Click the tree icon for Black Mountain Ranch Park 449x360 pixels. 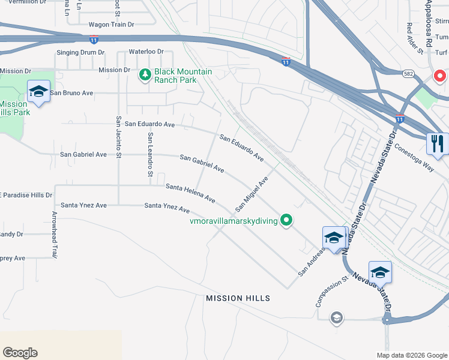[144, 75]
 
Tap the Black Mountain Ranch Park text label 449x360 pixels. [183, 76]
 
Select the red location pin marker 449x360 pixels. [439, 77]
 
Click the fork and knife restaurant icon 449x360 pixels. [437, 144]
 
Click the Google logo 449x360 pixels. [20, 353]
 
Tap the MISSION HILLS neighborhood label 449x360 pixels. [238, 298]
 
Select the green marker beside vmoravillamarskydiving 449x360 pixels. [287, 221]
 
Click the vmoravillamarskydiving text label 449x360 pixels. [234, 221]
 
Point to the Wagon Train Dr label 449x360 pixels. [111, 25]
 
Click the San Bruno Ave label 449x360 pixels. [71, 93]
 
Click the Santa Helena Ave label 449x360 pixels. [190, 193]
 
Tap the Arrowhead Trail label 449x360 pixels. [54, 235]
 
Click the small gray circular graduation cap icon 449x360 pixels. [337, 317]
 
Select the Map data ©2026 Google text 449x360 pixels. [411, 355]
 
